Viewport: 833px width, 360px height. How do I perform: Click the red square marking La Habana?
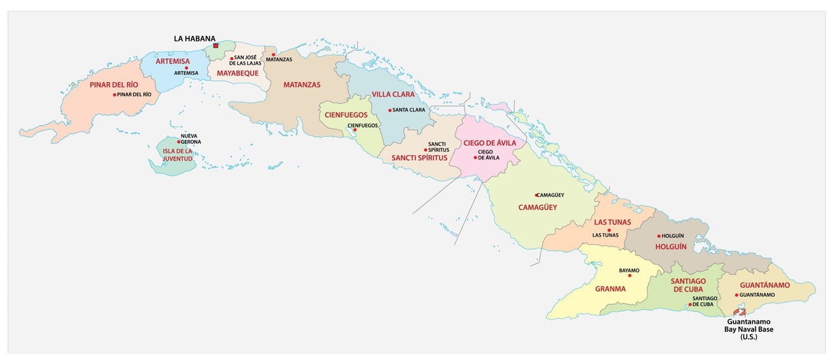pos(216,46)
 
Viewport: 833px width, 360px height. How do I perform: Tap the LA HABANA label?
pos(194,38)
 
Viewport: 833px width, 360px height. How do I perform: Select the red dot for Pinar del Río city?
pos(115,94)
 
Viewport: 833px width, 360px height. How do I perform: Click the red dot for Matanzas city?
pos(274,54)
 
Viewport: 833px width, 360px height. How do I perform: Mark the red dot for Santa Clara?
pos(390,110)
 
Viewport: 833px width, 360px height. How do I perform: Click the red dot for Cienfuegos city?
pos(355,130)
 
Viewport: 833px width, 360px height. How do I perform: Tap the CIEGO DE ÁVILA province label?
pos(490,143)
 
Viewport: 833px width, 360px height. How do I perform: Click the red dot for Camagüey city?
pos(537,195)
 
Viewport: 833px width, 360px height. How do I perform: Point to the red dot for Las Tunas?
pos(609,230)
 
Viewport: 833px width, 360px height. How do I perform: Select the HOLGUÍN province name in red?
pos(671,247)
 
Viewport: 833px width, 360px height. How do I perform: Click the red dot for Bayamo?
pos(629,275)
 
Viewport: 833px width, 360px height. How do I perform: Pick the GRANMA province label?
pos(610,288)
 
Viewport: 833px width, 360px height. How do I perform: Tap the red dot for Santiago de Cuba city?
pos(690,304)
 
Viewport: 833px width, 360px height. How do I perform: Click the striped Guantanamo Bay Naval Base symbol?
pos(739,313)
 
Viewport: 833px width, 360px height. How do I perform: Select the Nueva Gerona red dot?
pos(178,141)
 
